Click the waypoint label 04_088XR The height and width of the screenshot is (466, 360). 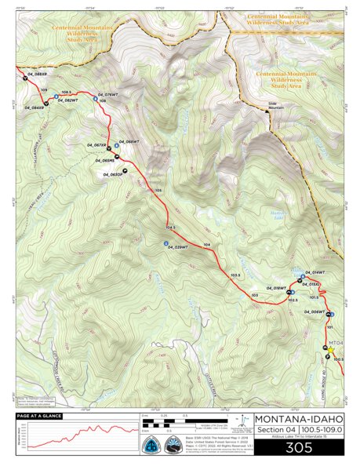pos(37,75)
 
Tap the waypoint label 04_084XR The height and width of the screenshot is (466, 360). pos(32,108)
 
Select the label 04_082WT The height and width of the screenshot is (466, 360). pos(65,100)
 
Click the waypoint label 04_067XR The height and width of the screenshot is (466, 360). pos(94,145)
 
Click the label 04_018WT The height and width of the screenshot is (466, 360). pos(273,289)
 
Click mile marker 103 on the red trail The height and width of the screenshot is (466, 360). pos(254,295)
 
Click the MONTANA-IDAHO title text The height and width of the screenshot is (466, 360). pos(297,419)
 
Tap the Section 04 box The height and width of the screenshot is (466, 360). pos(274,431)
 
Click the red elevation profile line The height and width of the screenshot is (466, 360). pos(78,433)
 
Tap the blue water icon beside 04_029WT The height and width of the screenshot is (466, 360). pos(165,244)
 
